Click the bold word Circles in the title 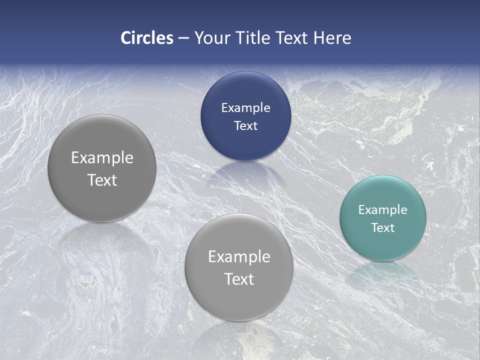point(147,38)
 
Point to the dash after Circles point(183,38)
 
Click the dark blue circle point(245,116)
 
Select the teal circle point(383,218)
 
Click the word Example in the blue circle point(245,107)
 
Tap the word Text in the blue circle point(245,125)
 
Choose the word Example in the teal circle point(383,210)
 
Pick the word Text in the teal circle point(383,228)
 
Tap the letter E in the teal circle point(361,210)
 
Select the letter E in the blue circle point(224,107)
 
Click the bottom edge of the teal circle point(383,260)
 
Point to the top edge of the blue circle point(245,72)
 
